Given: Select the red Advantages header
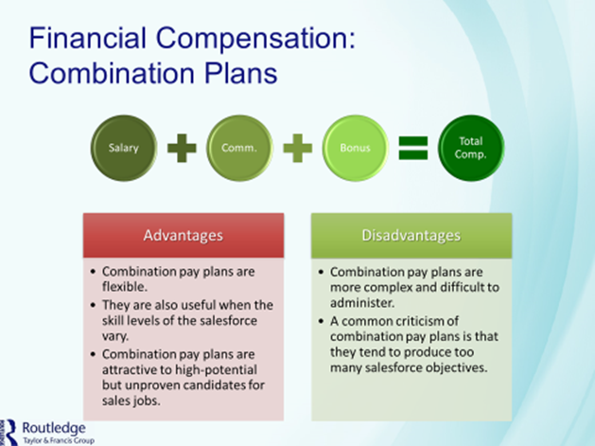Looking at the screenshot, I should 183,234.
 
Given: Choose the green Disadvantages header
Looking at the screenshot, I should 411,234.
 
